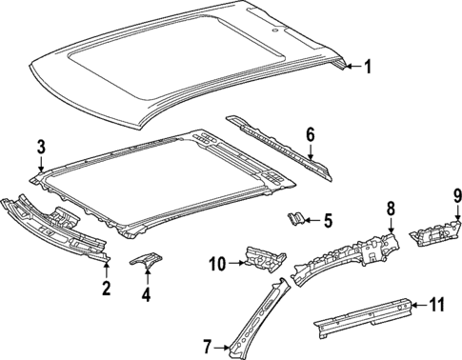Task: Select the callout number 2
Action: pyautogui.click(x=106, y=287)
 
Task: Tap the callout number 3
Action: pyautogui.click(x=40, y=146)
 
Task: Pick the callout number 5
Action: pyautogui.click(x=328, y=222)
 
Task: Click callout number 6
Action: pyautogui.click(x=311, y=134)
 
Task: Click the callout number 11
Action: pyautogui.click(x=436, y=305)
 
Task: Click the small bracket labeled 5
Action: pyautogui.click(x=296, y=220)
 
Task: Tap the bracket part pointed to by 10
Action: pyautogui.click(x=266, y=255)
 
